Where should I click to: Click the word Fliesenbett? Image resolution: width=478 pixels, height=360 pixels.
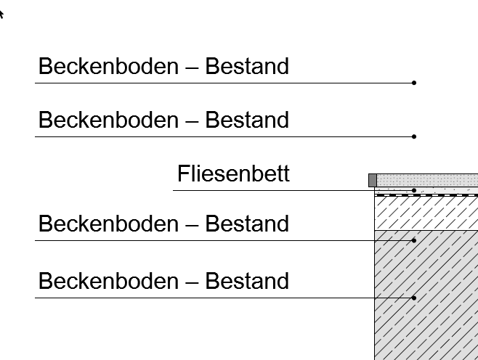click(x=233, y=173)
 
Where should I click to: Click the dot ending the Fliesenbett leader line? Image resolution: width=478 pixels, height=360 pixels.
click(x=413, y=190)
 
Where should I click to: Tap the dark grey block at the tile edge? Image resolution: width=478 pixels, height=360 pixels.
click(x=373, y=180)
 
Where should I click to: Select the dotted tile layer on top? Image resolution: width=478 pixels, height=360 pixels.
click(x=427, y=180)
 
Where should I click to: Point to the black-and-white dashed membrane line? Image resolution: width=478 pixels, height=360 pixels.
click(x=426, y=195)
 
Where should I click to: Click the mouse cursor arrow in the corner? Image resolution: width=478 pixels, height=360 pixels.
click(x=1, y=14)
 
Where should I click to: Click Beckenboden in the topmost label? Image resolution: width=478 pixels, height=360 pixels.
click(x=108, y=66)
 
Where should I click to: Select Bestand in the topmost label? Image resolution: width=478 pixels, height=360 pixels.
click(x=247, y=66)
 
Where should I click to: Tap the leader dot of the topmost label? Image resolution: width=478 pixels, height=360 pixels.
click(x=413, y=83)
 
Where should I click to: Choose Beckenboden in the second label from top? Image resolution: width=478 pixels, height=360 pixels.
click(x=108, y=120)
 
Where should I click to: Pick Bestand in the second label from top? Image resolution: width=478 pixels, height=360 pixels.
click(x=247, y=120)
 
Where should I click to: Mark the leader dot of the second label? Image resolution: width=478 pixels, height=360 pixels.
click(x=413, y=136)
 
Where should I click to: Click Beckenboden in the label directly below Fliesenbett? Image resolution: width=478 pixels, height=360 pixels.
click(x=108, y=224)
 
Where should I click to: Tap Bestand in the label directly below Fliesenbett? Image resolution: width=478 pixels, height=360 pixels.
click(x=247, y=224)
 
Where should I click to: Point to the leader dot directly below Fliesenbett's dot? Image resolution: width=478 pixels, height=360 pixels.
click(x=413, y=241)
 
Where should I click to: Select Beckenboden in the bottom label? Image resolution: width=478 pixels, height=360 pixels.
click(x=108, y=281)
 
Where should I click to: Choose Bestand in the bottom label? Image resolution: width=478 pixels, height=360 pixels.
click(x=247, y=281)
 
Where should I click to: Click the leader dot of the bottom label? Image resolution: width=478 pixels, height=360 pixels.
click(x=413, y=298)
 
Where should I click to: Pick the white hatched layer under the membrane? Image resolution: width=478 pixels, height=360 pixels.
click(x=426, y=213)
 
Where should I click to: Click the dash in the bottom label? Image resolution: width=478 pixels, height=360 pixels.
click(x=192, y=283)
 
